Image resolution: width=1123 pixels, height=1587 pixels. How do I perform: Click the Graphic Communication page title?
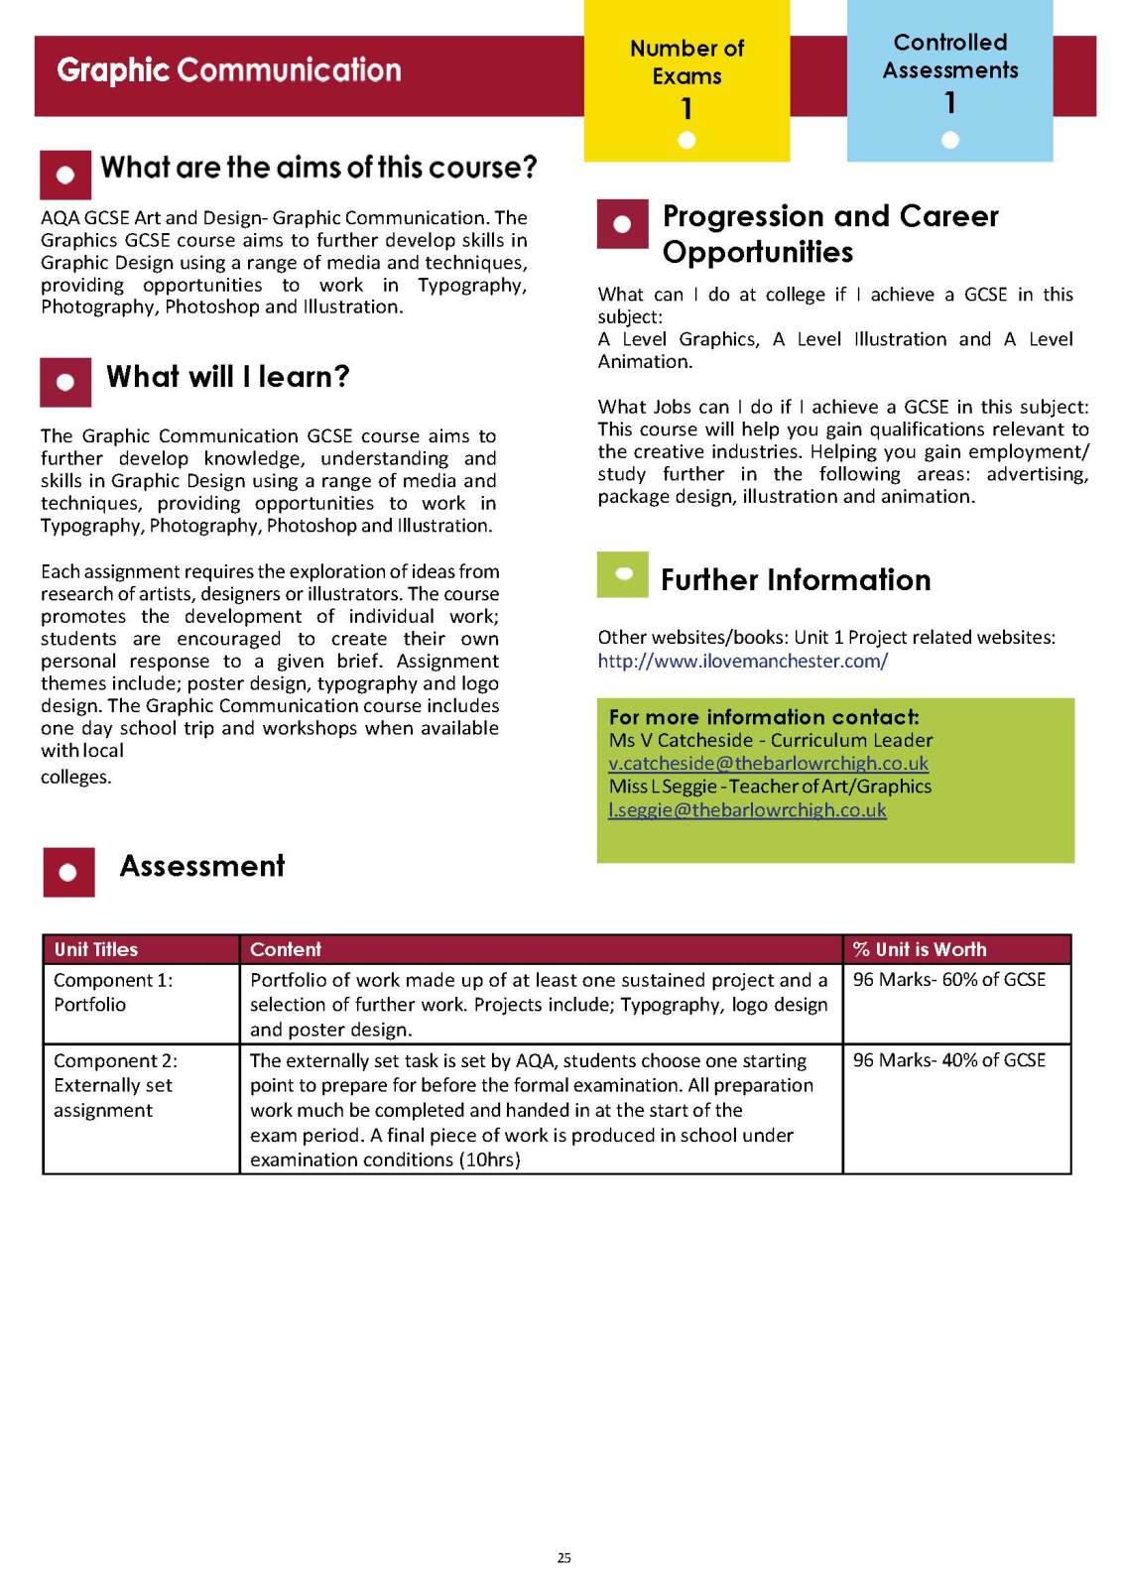(229, 70)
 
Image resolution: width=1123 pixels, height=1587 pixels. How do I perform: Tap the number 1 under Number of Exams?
(686, 108)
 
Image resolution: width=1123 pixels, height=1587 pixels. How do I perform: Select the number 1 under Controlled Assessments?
(950, 102)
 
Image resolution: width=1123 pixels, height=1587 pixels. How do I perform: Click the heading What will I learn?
(228, 377)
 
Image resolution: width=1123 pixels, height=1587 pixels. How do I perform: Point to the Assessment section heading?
(202, 866)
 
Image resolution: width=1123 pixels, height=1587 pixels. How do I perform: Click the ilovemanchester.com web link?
(742, 661)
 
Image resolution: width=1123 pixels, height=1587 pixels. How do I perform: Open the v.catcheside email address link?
(768, 763)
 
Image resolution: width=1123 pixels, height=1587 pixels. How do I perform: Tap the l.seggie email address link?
(747, 809)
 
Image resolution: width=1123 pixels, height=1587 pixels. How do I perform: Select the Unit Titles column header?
(96, 949)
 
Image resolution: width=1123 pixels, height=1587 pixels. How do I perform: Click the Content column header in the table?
(286, 949)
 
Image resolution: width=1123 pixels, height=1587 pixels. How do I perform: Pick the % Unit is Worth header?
(920, 949)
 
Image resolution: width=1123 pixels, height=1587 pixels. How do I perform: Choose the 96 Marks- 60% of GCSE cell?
(949, 980)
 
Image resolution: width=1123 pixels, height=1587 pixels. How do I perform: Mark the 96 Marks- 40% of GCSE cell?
(949, 1060)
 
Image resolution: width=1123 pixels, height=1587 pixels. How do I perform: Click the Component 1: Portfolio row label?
(113, 992)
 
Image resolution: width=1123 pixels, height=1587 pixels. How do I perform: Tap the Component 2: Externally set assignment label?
(115, 1085)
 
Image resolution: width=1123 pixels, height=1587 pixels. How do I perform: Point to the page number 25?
(563, 1557)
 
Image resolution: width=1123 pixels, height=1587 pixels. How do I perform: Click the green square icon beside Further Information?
(623, 574)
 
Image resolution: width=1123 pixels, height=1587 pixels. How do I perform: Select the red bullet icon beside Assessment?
(68, 872)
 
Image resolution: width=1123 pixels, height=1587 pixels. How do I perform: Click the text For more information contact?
(764, 717)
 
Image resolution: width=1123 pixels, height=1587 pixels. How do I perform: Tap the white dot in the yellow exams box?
(686, 140)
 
